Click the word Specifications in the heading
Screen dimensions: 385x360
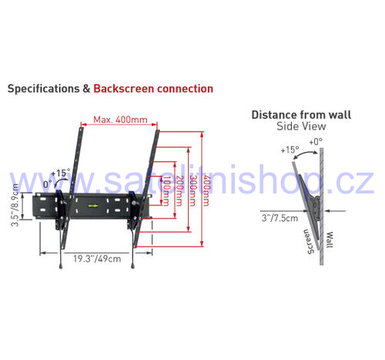click(x=44, y=89)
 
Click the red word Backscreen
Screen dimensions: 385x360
click(x=124, y=89)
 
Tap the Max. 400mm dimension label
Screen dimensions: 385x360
click(x=120, y=119)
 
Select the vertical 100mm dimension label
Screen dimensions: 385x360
click(x=166, y=190)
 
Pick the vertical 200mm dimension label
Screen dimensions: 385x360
click(x=179, y=190)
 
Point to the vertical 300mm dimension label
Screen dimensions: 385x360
click(x=193, y=190)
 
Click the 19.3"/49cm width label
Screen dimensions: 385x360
click(x=97, y=259)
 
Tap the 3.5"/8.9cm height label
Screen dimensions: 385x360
click(x=15, y=205)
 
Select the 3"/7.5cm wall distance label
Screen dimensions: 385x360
click(x=280, y=218)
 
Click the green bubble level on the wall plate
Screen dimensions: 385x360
click(x=93, y=206)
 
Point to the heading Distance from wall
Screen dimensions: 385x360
click(x=301, y=115)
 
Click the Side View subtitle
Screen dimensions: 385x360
click(x=301, y=126)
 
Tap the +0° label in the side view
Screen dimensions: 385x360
click(x=316, y=142)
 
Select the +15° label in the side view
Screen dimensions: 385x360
click(x=290, y=150)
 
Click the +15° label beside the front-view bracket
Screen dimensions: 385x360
click(x=61, y=173)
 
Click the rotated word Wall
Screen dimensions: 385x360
click(x=330, y=240)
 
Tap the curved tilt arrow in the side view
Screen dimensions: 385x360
click(x=306, y=153)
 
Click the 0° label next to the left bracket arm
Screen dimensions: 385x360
click(x=48, y=184)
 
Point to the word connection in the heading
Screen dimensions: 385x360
click(x=185, y=89)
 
